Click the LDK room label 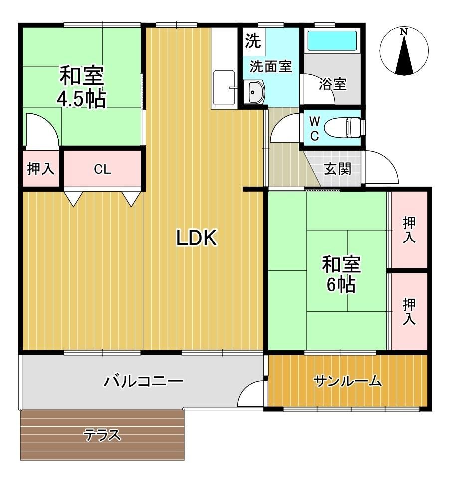point(197,238)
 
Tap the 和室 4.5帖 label point(82,87)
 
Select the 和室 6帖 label point(341,274)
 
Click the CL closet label point(102,169)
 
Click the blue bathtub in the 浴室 point(332,40)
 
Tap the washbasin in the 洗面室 point(254,92)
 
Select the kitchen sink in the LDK point(224,88)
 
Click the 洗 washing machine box point(253,41)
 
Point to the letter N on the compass point(404,31)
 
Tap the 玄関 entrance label point(338,169)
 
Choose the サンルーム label point(348,382)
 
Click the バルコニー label point(143,381)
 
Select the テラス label point(103,435)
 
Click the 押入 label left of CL point(41,169)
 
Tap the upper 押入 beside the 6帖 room point(409,230)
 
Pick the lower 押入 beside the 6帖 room point(409,311)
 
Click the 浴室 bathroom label point(333,84)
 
